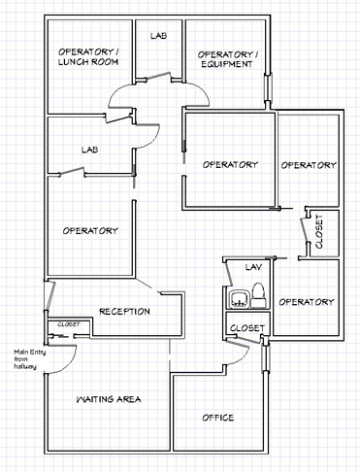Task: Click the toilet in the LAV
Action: (258, 295)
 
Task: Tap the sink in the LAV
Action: (239, 299)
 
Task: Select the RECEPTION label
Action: (124, 312)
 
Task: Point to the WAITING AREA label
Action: (109, 399)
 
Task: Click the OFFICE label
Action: (218, 418)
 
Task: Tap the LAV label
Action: (253, 267)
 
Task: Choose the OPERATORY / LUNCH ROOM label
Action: (88, 56)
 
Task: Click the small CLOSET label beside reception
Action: (69, 324)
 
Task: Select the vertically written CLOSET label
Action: (319, 231)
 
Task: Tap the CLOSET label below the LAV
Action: (247, 328)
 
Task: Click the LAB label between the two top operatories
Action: (158, 36)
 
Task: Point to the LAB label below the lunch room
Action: (90, 150)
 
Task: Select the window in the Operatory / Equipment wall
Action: (268, 87)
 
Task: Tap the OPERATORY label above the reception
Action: (90, 231)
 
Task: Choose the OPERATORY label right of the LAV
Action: (307, 302)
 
